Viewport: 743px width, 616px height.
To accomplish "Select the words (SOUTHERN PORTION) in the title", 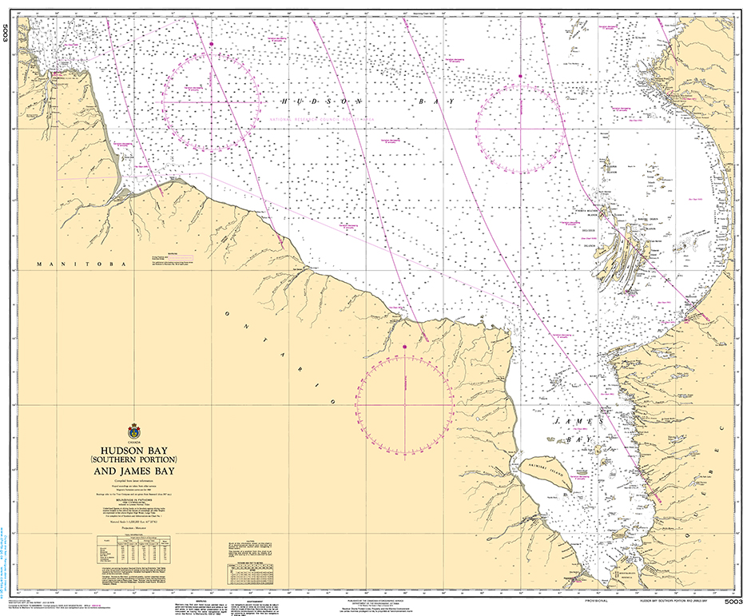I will (x=133, y=460).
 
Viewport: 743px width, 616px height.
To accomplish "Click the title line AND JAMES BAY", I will (x=133, y=472).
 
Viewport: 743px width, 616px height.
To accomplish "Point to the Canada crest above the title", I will (x=133, y=431).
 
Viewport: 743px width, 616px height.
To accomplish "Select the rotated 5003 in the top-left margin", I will (x=6, y=34).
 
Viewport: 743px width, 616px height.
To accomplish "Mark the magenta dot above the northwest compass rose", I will (x=211, y=43).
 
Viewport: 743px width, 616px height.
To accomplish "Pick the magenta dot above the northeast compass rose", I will (x=520, y=76).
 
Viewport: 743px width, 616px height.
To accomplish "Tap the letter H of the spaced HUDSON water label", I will (x=284, y=102).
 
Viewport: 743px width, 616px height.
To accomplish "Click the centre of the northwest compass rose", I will (x=212, y=103).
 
